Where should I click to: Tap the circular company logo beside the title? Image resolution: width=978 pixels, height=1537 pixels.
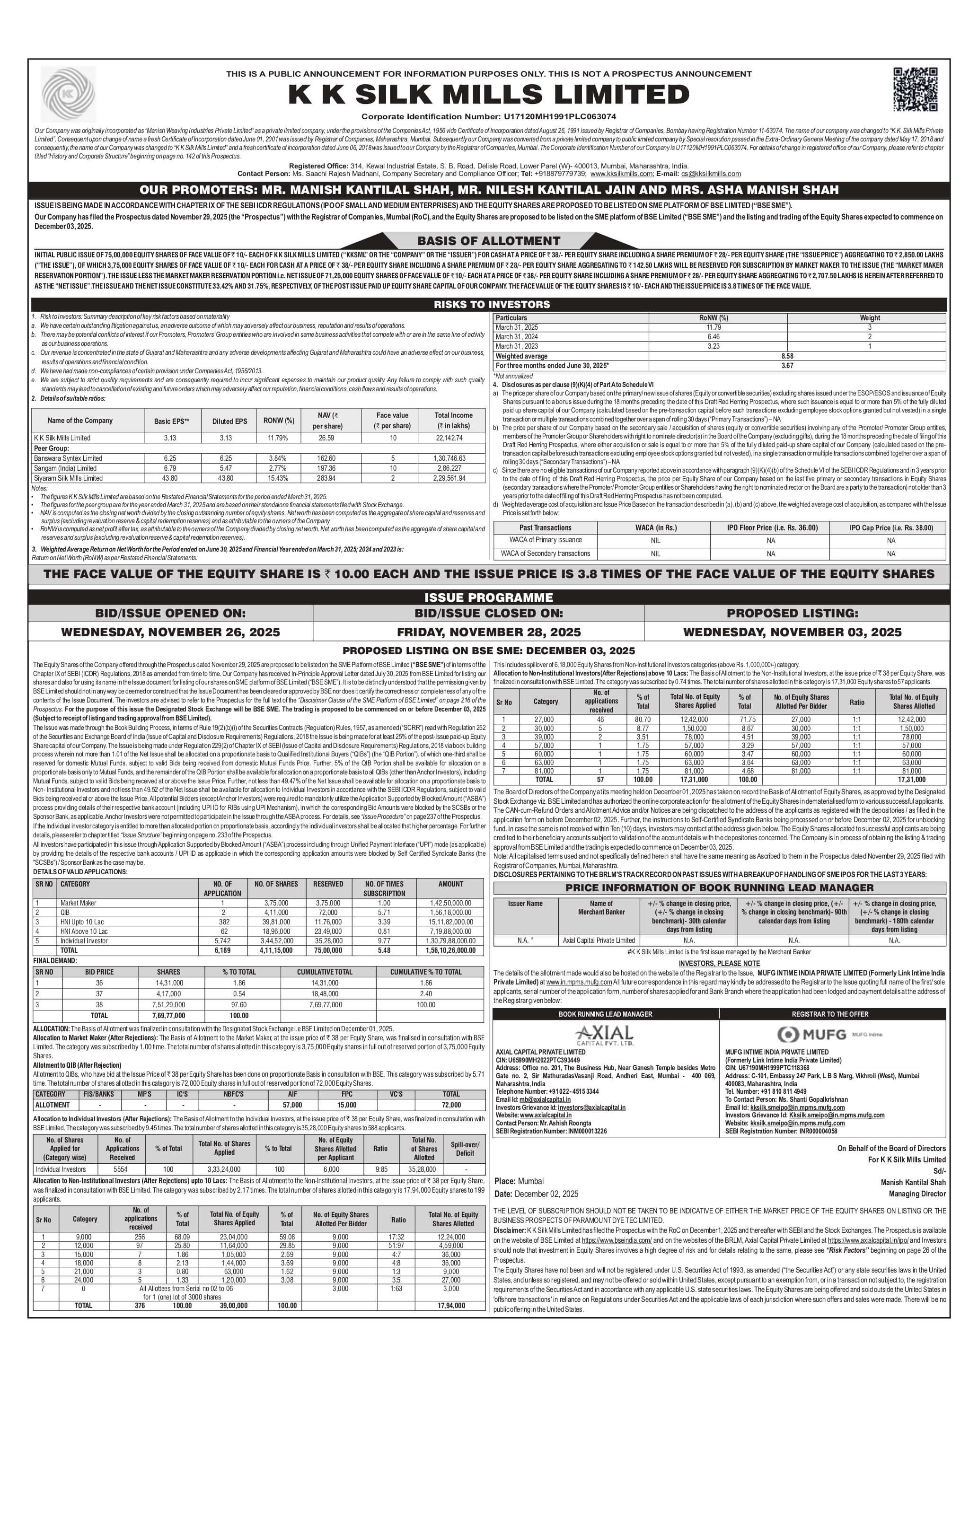click(68, 95)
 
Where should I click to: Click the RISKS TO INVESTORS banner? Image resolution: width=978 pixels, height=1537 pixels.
click(492, 305)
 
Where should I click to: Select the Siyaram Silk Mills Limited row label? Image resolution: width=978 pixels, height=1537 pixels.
click(68, 478)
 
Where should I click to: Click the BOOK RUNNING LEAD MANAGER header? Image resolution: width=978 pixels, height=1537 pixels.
click(605, 1014)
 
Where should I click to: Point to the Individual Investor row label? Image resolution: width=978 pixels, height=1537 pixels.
click(84, 941)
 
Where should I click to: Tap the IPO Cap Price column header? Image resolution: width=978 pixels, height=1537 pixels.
click(890, 528)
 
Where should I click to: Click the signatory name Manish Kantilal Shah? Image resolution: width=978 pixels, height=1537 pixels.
click(913, 1182)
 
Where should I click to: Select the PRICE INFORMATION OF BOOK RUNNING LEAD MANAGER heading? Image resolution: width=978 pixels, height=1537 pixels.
click(720, 888)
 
